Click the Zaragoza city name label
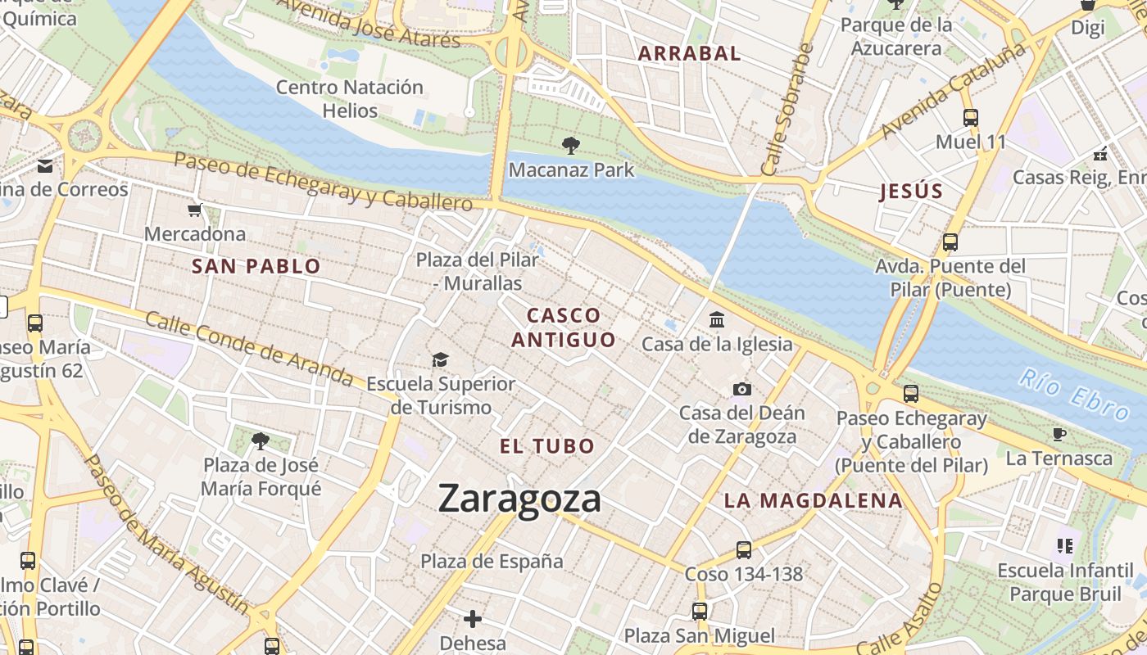(x=519, y=498)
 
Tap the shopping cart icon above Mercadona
(x=195, y=210)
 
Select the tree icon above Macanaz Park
(x=571, y=147)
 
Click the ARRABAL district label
(x=689, y=54)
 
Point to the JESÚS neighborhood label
(x=911, y=192)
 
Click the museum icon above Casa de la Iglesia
(x=717, y=319)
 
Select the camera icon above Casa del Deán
(x=742, y=389)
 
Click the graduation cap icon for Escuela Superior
(x=441, y=360)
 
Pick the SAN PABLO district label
(x=256, y=266)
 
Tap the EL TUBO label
(x=547, y=446)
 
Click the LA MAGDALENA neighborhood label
(x=813, y=500)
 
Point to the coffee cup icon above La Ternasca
(x=1059, y=434)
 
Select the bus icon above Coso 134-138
(x=744, y=550)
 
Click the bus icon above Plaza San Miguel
(x=700, y=612)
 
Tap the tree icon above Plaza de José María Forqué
(x=261, y=442)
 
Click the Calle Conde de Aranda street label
(x=249, y=349)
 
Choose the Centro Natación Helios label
(x=350, y=98)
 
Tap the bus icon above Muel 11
(x=971, y=118)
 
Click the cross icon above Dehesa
(x=473, y=619)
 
